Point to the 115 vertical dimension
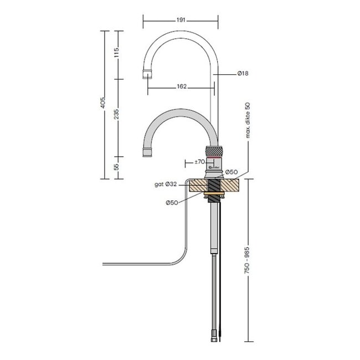(116, 54)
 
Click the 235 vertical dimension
(116, 114)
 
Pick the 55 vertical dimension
(116, 167)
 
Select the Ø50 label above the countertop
(232, 172)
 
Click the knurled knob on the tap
(214, 151)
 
